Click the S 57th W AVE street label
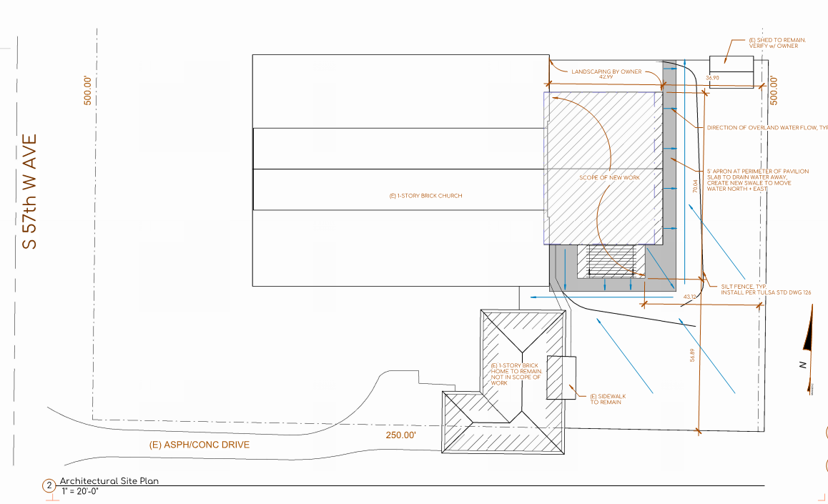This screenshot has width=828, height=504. tap(29, 192)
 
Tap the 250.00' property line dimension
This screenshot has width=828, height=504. tap(400, 435)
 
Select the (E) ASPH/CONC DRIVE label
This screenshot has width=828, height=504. tap(199, 445)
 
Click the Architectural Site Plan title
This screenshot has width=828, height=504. tap(109, 481)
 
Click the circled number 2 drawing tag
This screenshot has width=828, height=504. tap(49, 487)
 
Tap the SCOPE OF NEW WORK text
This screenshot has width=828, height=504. tap(609, 177)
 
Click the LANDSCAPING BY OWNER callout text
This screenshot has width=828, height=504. tap(606, 71)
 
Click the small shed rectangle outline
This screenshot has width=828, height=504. tap(731, 71)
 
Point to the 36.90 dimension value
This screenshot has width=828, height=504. tap(711, 77)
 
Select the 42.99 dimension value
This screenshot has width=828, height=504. tap(606, 76)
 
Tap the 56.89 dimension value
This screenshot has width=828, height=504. tap(691, 355)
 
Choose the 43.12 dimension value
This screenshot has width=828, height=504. tap(690, 296)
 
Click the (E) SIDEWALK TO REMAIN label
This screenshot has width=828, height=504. tap(606, 399)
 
